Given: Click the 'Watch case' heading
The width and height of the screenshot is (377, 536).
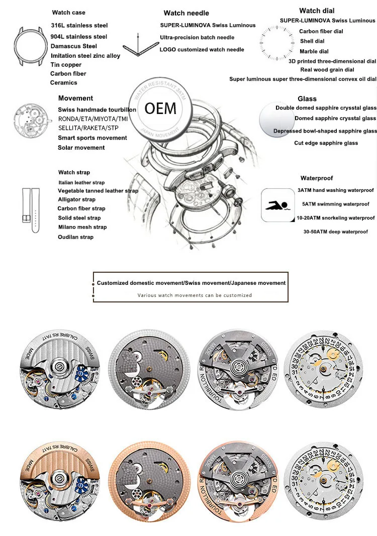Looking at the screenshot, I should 68,13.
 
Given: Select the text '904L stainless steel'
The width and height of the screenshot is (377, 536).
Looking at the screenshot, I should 79,37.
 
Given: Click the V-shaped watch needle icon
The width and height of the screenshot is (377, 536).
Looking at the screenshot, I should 137,48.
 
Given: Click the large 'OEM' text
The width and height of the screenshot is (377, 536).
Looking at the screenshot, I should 160,108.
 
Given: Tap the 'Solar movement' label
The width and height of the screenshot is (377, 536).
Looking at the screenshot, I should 81,148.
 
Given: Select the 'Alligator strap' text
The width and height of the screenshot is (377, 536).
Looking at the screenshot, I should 76,199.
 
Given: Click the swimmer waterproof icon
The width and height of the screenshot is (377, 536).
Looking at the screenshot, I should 276,205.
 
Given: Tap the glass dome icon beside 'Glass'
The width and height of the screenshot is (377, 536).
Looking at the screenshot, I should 276,121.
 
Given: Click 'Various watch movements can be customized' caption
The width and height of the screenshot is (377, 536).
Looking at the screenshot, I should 195,295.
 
